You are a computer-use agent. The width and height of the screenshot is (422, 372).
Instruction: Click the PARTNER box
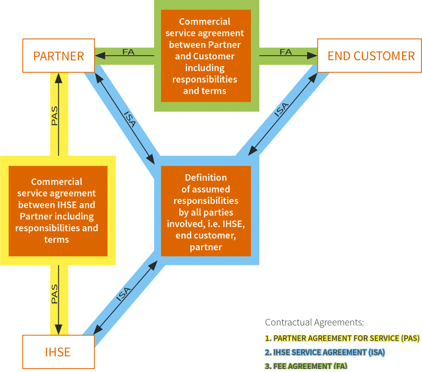59,56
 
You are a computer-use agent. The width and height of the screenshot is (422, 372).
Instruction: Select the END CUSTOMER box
370,56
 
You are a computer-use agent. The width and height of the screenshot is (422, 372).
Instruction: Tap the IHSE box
58,352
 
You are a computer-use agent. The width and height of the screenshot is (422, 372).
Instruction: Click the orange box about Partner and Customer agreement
206,56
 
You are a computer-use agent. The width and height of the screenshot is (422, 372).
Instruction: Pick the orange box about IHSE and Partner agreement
58,211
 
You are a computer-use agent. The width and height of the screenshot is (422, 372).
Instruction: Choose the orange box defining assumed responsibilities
206,212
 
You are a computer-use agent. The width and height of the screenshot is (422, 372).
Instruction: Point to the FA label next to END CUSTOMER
286,52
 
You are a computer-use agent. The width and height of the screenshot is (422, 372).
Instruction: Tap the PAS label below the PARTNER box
54,116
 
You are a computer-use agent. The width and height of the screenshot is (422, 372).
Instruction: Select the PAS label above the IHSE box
54,294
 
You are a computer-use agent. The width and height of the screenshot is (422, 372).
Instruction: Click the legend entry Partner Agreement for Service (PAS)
342,338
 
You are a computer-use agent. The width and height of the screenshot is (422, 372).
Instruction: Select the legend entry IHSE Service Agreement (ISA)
325,352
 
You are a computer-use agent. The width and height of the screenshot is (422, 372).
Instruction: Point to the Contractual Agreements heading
314,322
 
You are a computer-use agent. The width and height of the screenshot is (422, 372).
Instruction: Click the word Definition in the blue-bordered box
206,178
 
